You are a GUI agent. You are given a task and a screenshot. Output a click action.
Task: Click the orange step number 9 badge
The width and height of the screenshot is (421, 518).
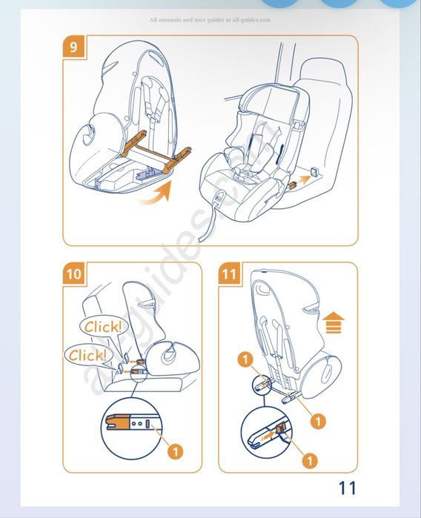(73, 47)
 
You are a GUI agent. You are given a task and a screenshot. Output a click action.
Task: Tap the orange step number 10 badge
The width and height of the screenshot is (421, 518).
(73, 273)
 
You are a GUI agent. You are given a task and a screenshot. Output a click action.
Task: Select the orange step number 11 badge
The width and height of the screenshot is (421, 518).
(229, 273)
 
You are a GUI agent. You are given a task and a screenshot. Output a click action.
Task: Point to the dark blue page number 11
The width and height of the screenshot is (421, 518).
(348, 488)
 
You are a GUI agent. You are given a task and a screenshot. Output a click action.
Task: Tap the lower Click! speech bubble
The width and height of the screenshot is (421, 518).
(88, 356)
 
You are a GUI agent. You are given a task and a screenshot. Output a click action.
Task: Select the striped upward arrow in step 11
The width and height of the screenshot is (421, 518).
(333, 323)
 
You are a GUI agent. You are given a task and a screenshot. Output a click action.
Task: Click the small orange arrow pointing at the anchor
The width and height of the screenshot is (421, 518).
(302, 180)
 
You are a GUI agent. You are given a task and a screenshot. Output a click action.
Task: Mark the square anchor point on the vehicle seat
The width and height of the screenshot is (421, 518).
(314, 171)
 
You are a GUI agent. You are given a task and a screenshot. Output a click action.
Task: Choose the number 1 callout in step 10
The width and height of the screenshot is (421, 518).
(175, 451)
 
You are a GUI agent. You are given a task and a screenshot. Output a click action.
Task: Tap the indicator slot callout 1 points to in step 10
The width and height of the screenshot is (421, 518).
(148, 424)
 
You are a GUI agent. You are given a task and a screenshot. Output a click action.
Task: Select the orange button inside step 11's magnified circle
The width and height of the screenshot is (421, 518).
(280, 430)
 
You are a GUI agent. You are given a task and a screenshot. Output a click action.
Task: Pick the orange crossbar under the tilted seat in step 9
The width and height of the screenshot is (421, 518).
(156, 152)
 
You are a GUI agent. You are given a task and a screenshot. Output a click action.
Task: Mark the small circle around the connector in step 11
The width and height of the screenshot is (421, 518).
(262, 383)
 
